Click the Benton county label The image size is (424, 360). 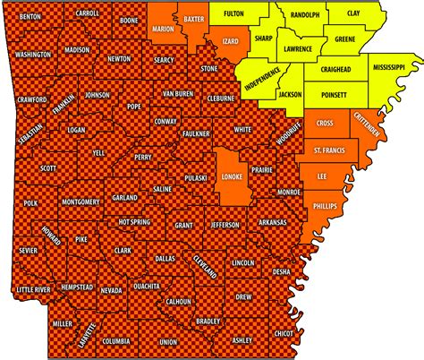click(x=30, y=16)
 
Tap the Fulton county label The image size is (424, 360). click(x=233, y=14)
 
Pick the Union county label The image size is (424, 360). click(x=167, y=341)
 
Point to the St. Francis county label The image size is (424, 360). click(x=327, y=148)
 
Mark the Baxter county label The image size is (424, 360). click(x=194, y=18)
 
